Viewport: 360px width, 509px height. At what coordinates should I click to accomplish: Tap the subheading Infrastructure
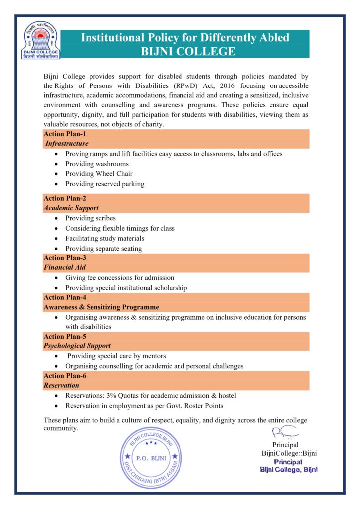67,144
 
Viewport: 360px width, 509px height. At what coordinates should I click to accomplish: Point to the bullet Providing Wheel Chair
99,174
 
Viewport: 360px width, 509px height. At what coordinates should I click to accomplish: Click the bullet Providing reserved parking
104,184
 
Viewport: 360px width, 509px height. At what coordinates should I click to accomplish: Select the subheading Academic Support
71,208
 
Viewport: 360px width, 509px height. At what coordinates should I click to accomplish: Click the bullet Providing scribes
90,218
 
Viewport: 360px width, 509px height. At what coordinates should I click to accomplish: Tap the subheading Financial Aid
65,267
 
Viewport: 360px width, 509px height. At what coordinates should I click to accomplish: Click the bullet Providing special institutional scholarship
126,288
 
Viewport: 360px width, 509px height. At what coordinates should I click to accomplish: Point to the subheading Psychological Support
77,346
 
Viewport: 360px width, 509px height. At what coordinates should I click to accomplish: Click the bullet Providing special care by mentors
116,356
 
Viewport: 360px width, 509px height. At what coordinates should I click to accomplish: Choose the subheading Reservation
61,385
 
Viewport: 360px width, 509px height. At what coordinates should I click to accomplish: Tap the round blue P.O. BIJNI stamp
149,456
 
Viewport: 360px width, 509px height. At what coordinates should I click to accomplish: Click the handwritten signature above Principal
283,433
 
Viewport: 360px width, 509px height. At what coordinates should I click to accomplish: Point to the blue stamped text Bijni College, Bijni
289,470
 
